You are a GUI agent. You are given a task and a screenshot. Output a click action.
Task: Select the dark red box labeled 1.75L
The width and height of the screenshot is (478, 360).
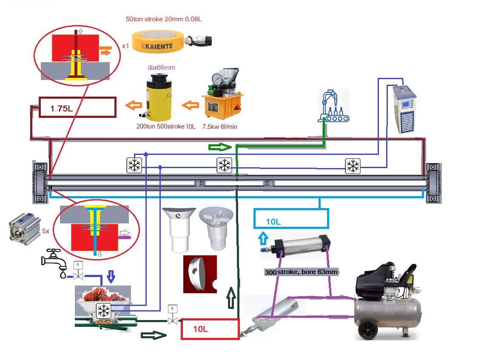click(x=77, y=108)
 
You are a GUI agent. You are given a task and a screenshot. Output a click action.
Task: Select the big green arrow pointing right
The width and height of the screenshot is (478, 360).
click(x=220, y=147)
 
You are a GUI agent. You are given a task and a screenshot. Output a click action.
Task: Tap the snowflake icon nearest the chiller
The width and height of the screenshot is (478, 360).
click(x=352, y=166)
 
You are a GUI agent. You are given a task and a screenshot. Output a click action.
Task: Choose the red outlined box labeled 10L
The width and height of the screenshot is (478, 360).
click(x=210, y=329)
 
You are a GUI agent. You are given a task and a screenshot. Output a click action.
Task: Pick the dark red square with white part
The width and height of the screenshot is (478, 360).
click(x=200, y=274)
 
